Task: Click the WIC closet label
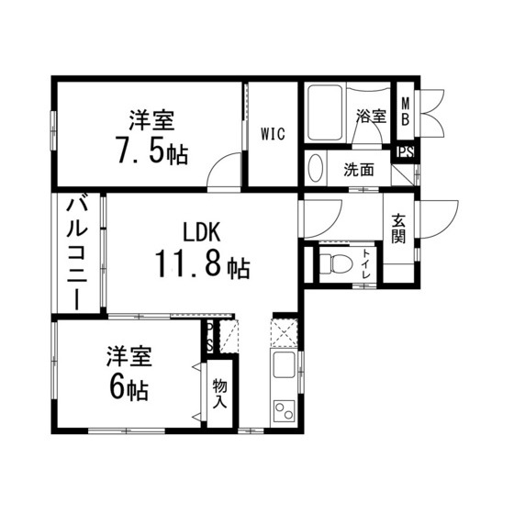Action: tap(273, 135)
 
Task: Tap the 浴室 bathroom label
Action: tap(370, 117)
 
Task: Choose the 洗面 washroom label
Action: tap(359, 170)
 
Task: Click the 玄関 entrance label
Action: tap(399, 229)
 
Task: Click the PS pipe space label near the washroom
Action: tap(404, 153)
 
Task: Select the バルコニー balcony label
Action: tap(77, 253)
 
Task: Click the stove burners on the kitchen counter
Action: tap(284, 411)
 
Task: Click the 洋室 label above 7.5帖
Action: tap(151, 120)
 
